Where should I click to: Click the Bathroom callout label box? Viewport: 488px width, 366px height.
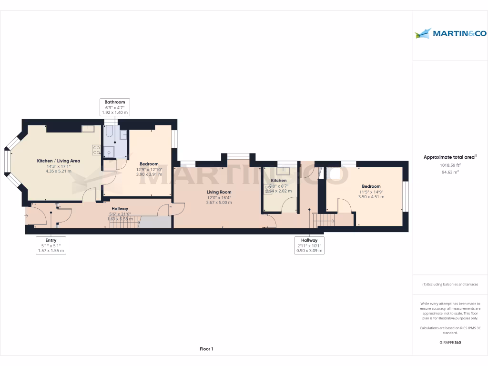pos(114,107)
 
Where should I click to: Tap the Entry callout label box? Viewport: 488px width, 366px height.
pos(51,245)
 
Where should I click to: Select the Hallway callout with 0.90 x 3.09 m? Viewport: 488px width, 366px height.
pos(309,245)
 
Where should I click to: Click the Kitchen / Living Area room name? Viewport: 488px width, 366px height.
pos(59,161)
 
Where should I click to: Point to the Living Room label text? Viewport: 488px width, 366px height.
pos(219,192)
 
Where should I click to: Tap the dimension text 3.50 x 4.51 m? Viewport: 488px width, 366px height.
pos(371,197)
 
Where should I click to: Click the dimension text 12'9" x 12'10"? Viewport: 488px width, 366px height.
pos(149,169)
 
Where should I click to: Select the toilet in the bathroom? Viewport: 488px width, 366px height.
pos(109,132)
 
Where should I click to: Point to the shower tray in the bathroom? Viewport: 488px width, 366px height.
pos(109,152)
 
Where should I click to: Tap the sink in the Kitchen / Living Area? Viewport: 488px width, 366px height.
pos(88,129)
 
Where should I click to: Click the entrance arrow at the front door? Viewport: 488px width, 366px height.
pos(26,216)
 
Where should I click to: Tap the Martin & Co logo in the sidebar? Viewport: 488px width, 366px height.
pos(450,33)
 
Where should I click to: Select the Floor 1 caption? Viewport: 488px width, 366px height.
pos(206,349)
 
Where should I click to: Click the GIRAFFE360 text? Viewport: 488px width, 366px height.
pos(450,342)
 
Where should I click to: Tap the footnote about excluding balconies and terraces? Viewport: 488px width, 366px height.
pos(450,285)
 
